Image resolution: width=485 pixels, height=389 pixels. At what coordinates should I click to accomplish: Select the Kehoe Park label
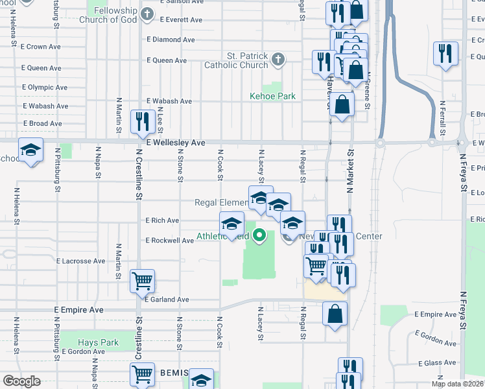(272, 96)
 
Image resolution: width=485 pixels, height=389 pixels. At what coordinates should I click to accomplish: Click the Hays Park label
(98, 342)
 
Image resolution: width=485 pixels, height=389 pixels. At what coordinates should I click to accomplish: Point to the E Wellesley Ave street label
(175, 143)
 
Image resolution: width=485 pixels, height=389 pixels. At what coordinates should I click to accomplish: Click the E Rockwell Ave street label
(169, 240)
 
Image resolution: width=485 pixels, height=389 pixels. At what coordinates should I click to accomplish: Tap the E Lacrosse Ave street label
(81, 261)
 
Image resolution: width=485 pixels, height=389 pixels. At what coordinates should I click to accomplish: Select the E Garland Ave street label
(167, 300)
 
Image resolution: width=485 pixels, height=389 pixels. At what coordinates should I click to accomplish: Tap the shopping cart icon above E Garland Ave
(142, 281)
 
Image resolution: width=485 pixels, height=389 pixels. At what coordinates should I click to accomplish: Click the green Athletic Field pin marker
(259, 235)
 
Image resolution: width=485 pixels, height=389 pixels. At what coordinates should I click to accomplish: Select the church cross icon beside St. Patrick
(278, 60)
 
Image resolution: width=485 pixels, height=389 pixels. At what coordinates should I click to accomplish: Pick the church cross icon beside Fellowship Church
(148, 13)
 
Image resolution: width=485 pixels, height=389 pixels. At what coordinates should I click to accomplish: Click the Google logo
(21, 381)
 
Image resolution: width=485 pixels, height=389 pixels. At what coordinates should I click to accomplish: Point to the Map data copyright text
(457, 384)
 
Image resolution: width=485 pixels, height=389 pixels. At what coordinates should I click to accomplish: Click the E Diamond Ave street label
(171, 40)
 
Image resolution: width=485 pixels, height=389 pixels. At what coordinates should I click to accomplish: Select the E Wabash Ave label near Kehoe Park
(169, 101)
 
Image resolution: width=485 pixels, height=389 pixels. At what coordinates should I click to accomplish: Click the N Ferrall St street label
(443, 116)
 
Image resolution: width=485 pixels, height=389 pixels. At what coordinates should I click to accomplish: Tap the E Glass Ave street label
(439, 364)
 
